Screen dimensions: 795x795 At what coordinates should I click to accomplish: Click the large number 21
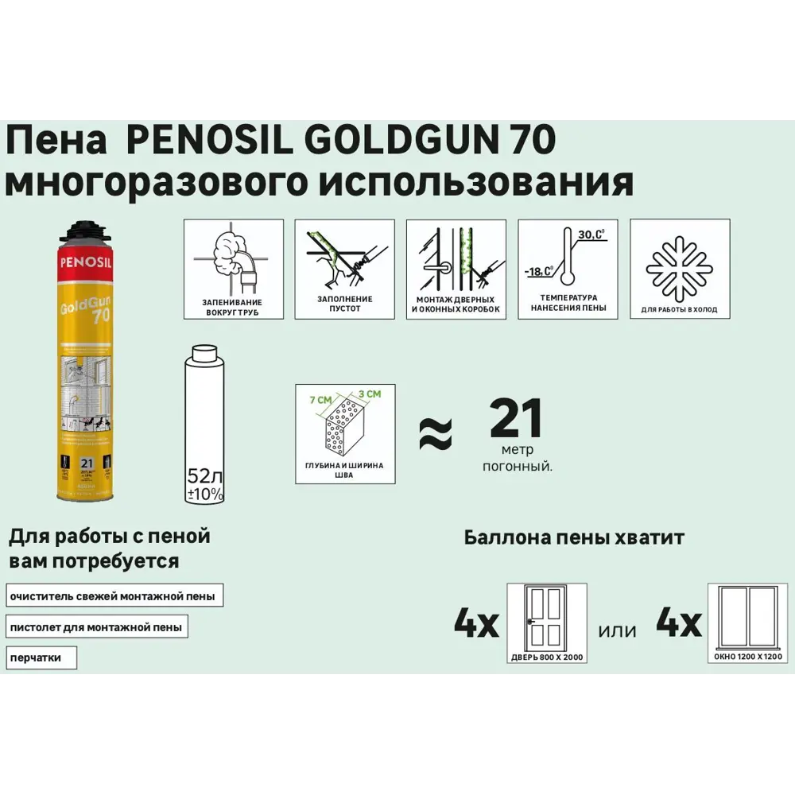(516, 419)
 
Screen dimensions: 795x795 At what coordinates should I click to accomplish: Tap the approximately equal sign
(435, 433)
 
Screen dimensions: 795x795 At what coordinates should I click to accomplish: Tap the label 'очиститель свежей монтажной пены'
(113, 595)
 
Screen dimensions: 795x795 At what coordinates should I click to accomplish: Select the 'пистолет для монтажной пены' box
(96, 627)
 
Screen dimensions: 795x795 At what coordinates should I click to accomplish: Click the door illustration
(546, 619)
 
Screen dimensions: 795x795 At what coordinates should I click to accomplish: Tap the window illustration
(747, 619)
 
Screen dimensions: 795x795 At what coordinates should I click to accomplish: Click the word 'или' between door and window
(618, 630)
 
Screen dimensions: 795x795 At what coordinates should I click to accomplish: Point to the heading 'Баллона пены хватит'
(573, 538)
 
